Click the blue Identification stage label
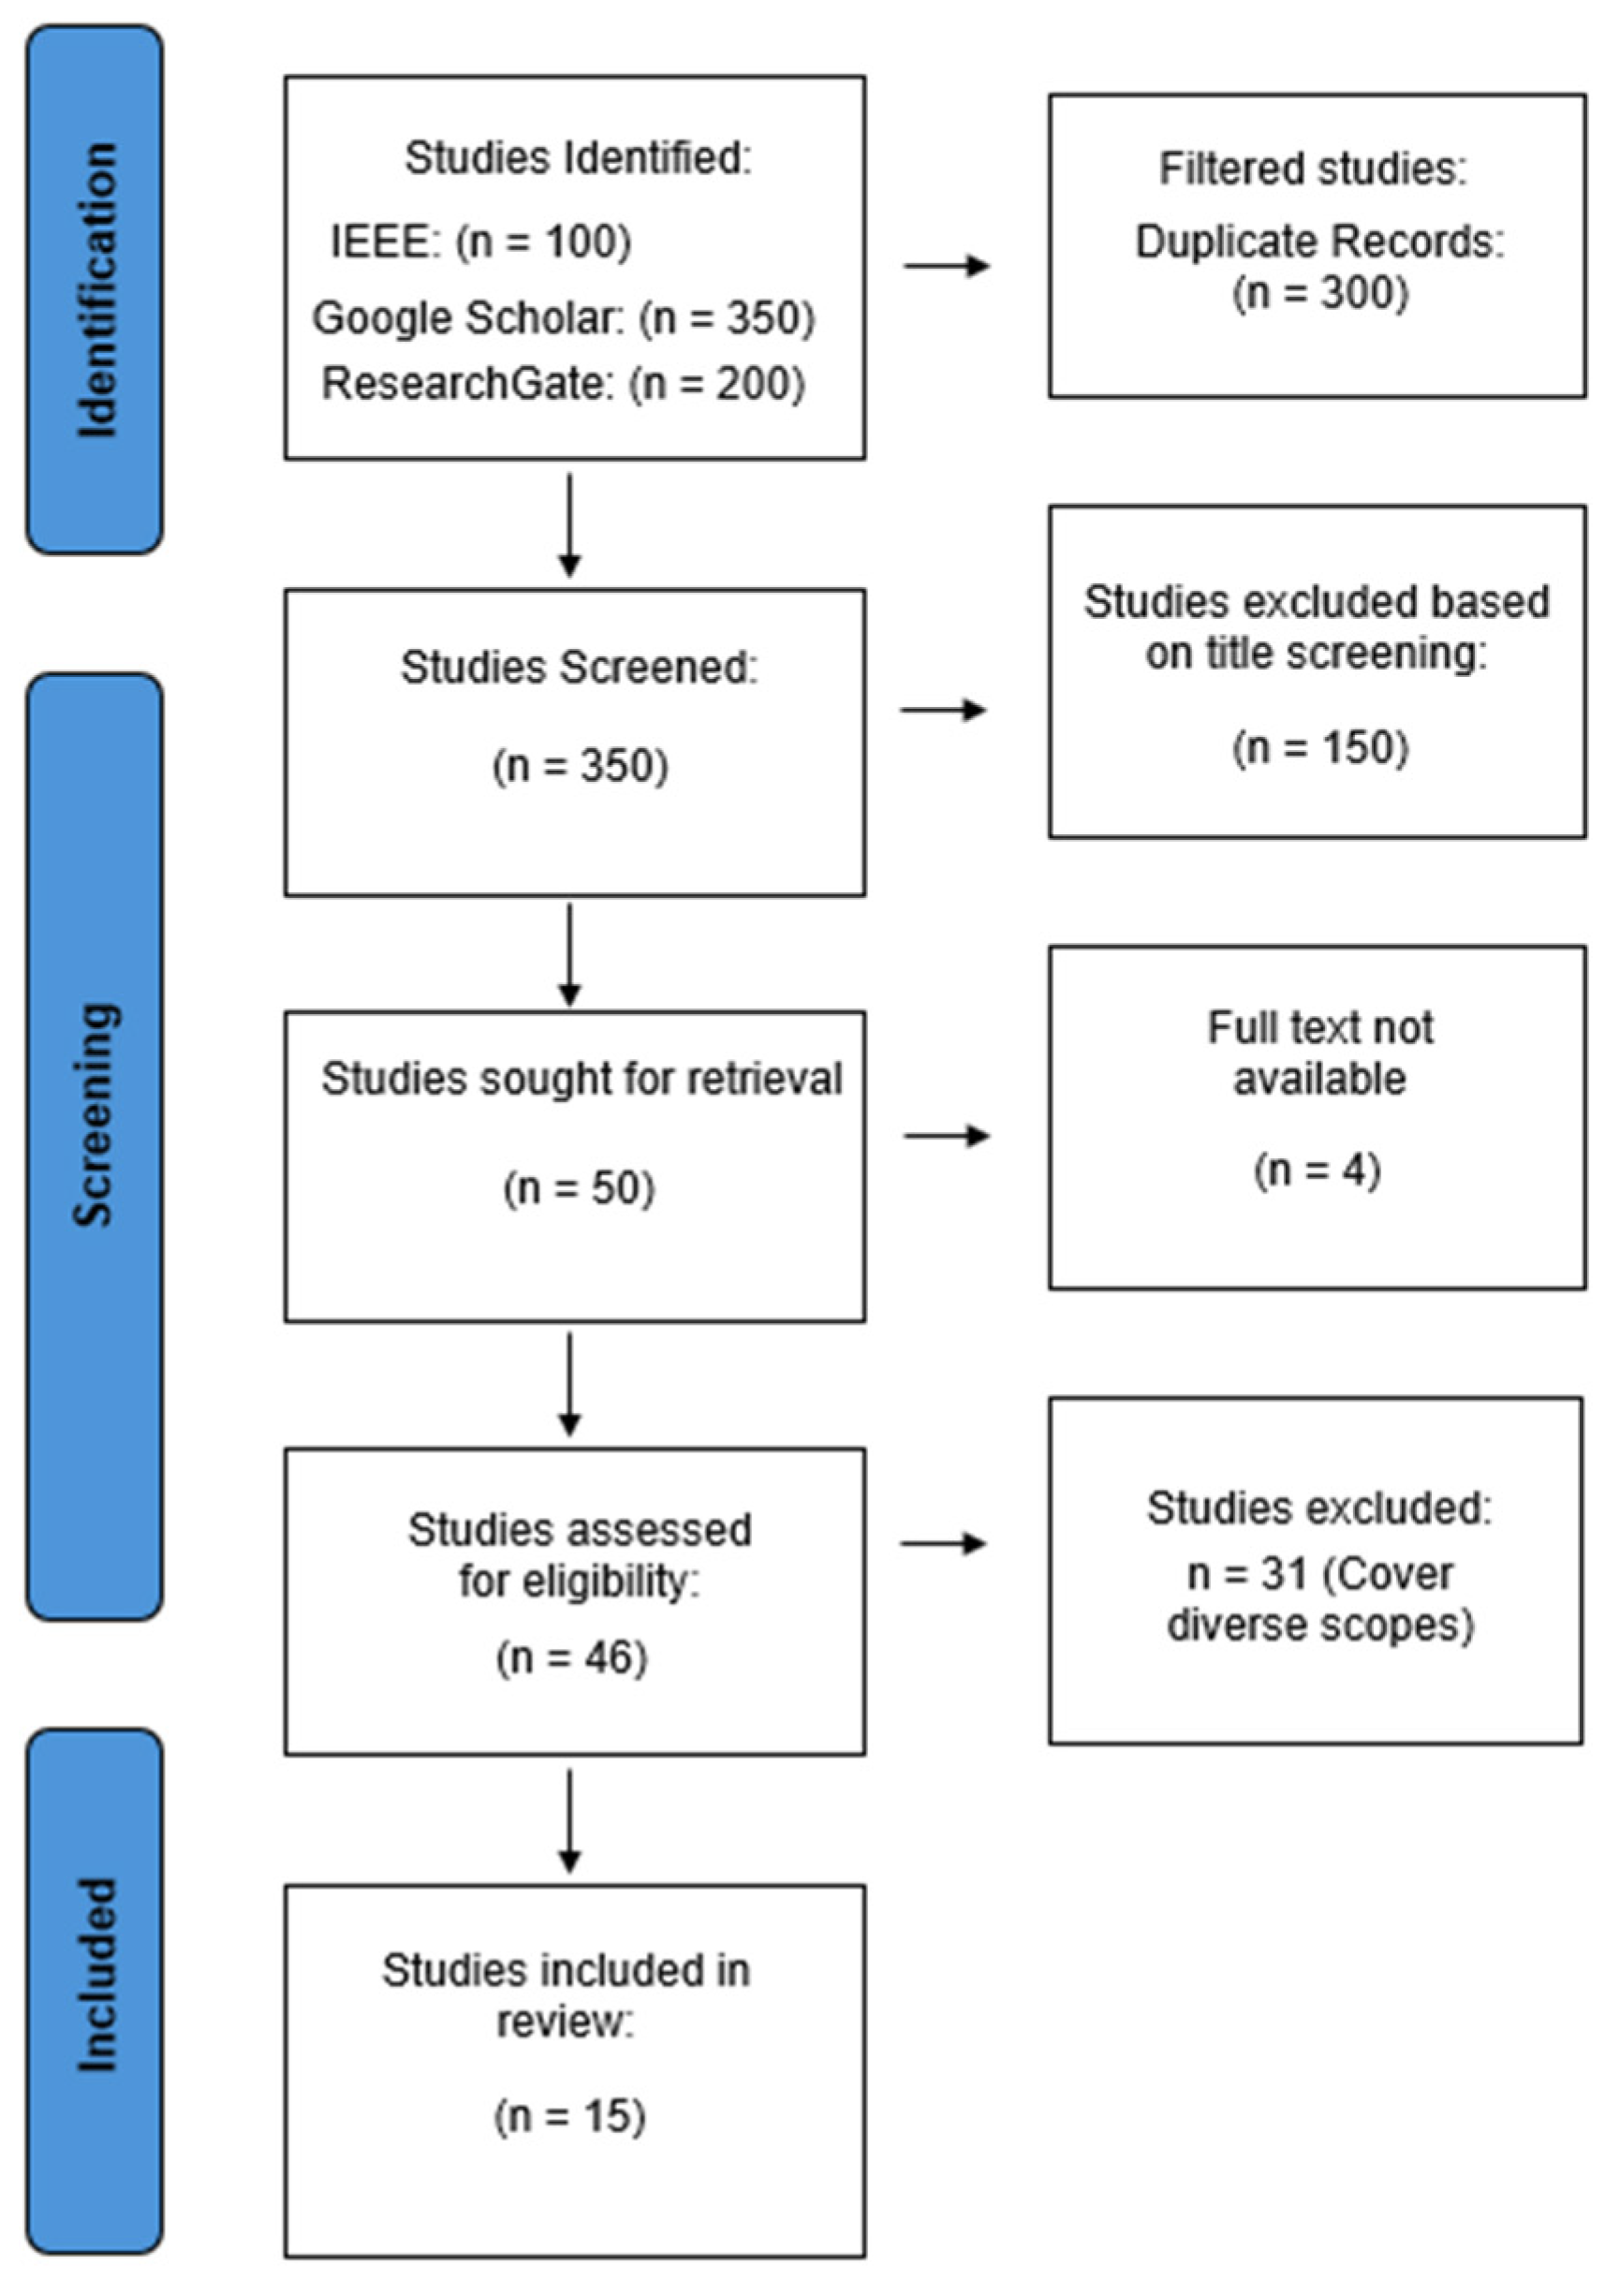point(96,290)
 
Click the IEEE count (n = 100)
point(544,243)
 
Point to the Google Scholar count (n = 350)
point(727,319)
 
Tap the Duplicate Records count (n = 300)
point(1319,294)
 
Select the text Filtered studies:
point(1313,169)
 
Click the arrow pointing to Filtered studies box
point(946,266)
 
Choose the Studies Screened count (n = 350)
point(581,767)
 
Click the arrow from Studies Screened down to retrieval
point(569,954)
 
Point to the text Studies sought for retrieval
point(582,1080)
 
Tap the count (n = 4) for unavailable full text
point(1317,1171)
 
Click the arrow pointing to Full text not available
point(946,1136)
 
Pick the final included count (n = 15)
point(570,2116)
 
